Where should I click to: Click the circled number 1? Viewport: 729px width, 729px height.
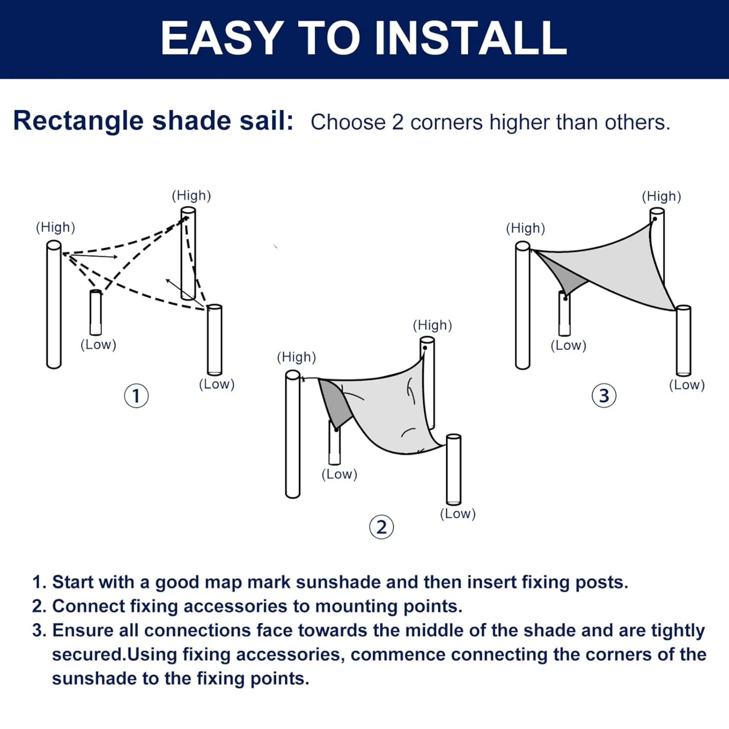tap(136, 396)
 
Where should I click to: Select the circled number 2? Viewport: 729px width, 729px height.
tap(381, 527)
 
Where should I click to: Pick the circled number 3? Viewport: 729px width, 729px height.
tap(604, 396)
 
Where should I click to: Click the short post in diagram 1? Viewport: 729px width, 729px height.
tap(96, 312)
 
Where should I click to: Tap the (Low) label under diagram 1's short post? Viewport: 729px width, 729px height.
tap(98, 344)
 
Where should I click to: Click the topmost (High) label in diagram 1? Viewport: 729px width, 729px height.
tap(191, 195)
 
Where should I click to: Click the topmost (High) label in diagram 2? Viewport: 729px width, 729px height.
tap(432, 325)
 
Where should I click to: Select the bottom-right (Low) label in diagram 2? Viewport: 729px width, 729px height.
tap(458, 514)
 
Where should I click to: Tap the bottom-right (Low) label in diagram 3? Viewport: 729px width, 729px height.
tap(687, 385)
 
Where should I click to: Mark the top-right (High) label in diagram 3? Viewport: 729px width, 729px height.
tap(661, 196)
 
